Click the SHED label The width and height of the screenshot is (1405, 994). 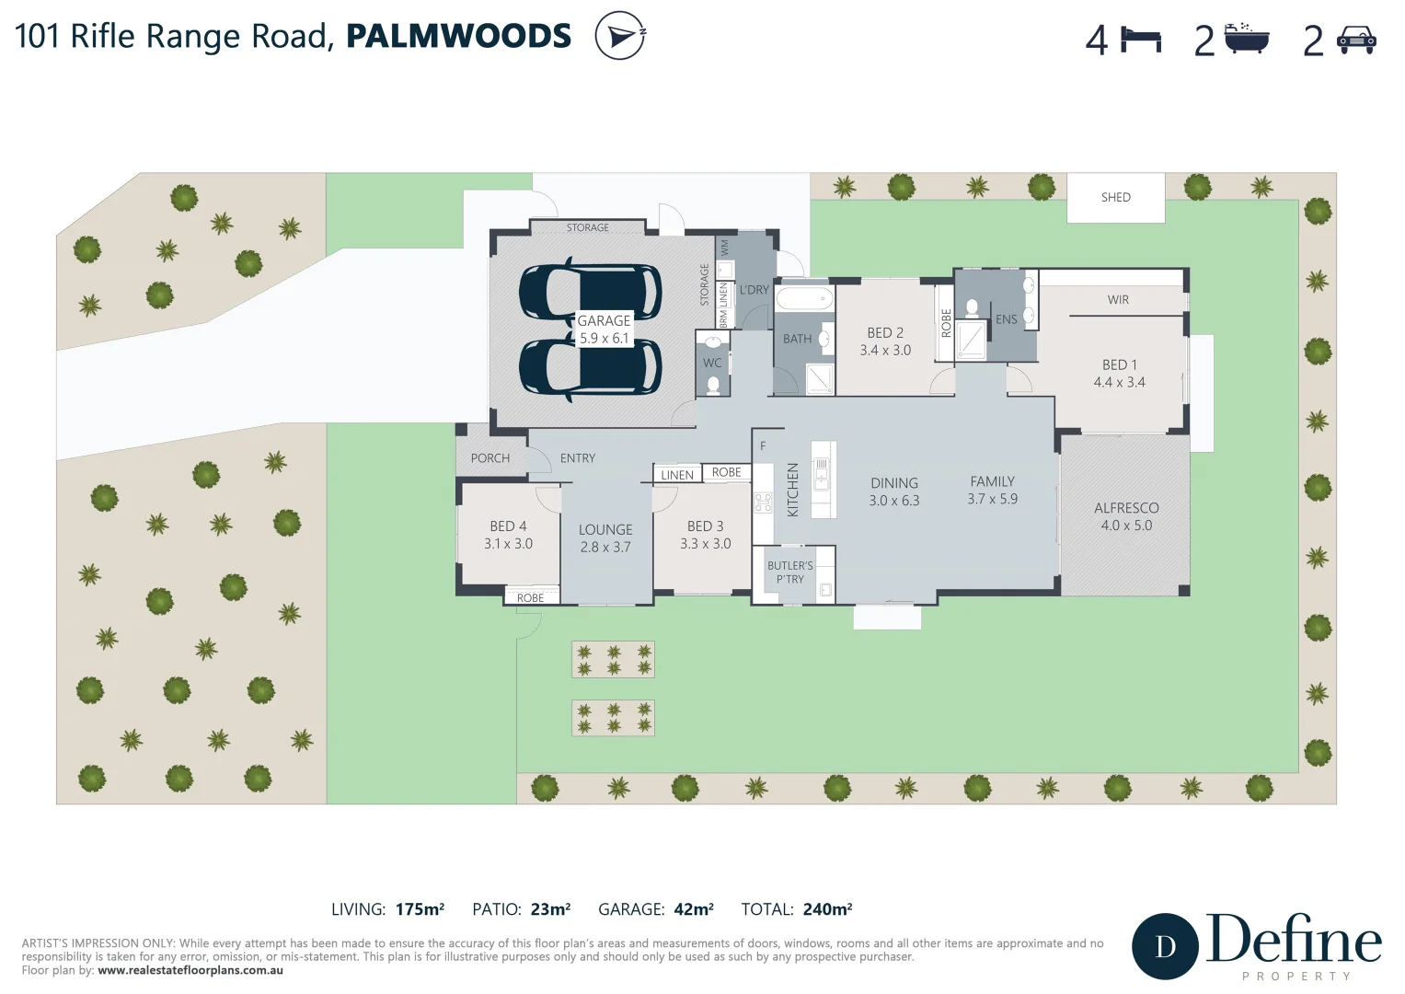pos(1115,198)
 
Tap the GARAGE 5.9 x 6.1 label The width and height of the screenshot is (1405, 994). pos(604,329)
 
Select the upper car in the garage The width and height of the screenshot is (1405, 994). pos(590,292)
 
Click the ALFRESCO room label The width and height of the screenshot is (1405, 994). pos(1125,516)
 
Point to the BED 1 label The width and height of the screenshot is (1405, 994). pos(1119,374)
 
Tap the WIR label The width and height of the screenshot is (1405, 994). pos(1118,300)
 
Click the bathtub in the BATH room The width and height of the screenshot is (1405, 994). pos(804,299)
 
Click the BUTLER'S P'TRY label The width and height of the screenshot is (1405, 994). pos(789,572)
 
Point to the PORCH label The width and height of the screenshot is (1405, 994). pos(489,458)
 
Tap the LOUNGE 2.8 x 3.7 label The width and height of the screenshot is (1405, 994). pos(605,538)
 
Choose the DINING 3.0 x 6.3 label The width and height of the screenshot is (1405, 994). pos(893,491)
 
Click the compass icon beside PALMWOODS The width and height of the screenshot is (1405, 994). pos(619,36)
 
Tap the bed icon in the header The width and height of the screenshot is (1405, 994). pos(1141,40)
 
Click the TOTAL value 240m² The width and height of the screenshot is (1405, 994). pos(826,909)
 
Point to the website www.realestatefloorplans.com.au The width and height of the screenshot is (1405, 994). pos(190,970)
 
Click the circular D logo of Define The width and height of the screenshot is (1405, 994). pos(1165,946)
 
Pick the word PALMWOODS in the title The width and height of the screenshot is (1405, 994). pos(458,36)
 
